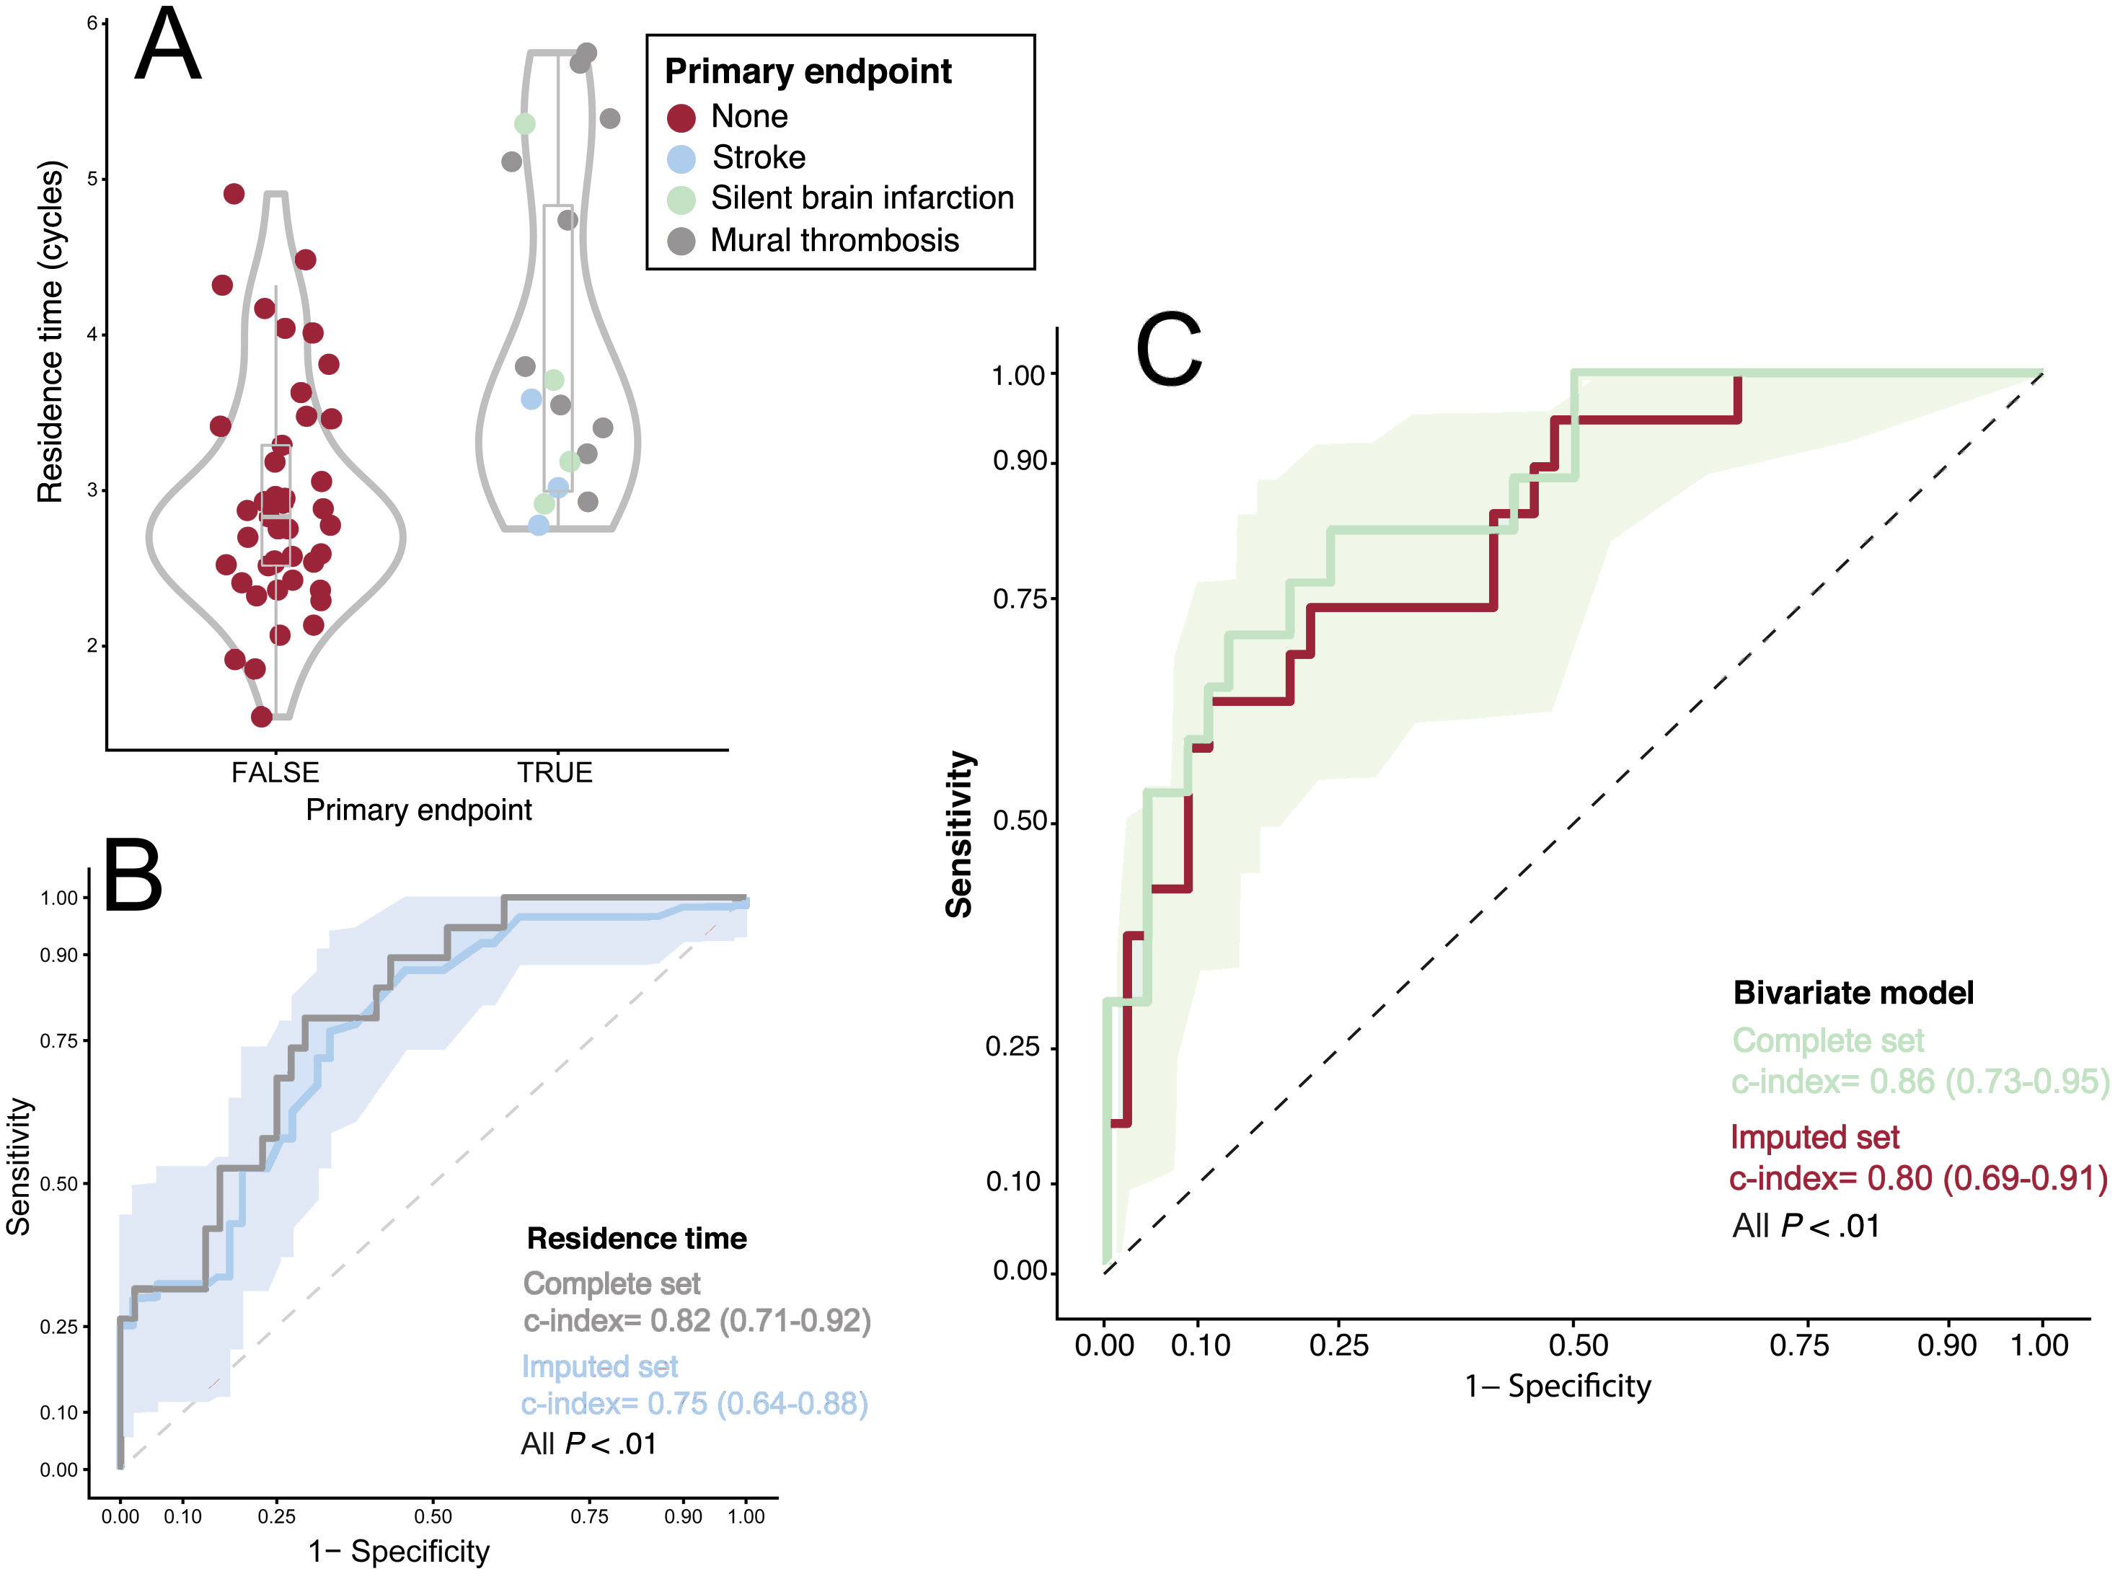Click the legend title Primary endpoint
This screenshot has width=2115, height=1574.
point(808,71)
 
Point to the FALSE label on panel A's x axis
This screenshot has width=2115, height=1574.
point(275,771)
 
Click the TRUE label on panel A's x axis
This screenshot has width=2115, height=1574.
point(555,771)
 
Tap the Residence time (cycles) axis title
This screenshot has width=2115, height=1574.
point(50,332)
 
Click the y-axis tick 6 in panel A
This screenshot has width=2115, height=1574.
point(92,23)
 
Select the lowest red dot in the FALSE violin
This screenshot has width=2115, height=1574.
point(262,717)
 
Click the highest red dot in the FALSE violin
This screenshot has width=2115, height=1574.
point(234,193)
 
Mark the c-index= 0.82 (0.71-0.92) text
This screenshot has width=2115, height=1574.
point(697,1321)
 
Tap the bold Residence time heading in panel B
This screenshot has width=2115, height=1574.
point(637,1239)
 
